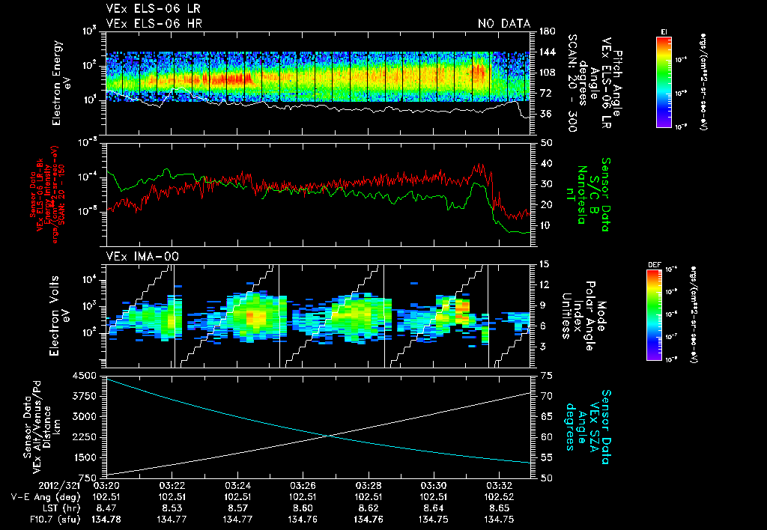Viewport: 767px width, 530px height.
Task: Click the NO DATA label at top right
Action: [503, 23]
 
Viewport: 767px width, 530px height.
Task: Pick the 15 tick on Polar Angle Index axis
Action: [544, 264]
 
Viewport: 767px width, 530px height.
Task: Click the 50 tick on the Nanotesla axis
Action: [546, 141]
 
